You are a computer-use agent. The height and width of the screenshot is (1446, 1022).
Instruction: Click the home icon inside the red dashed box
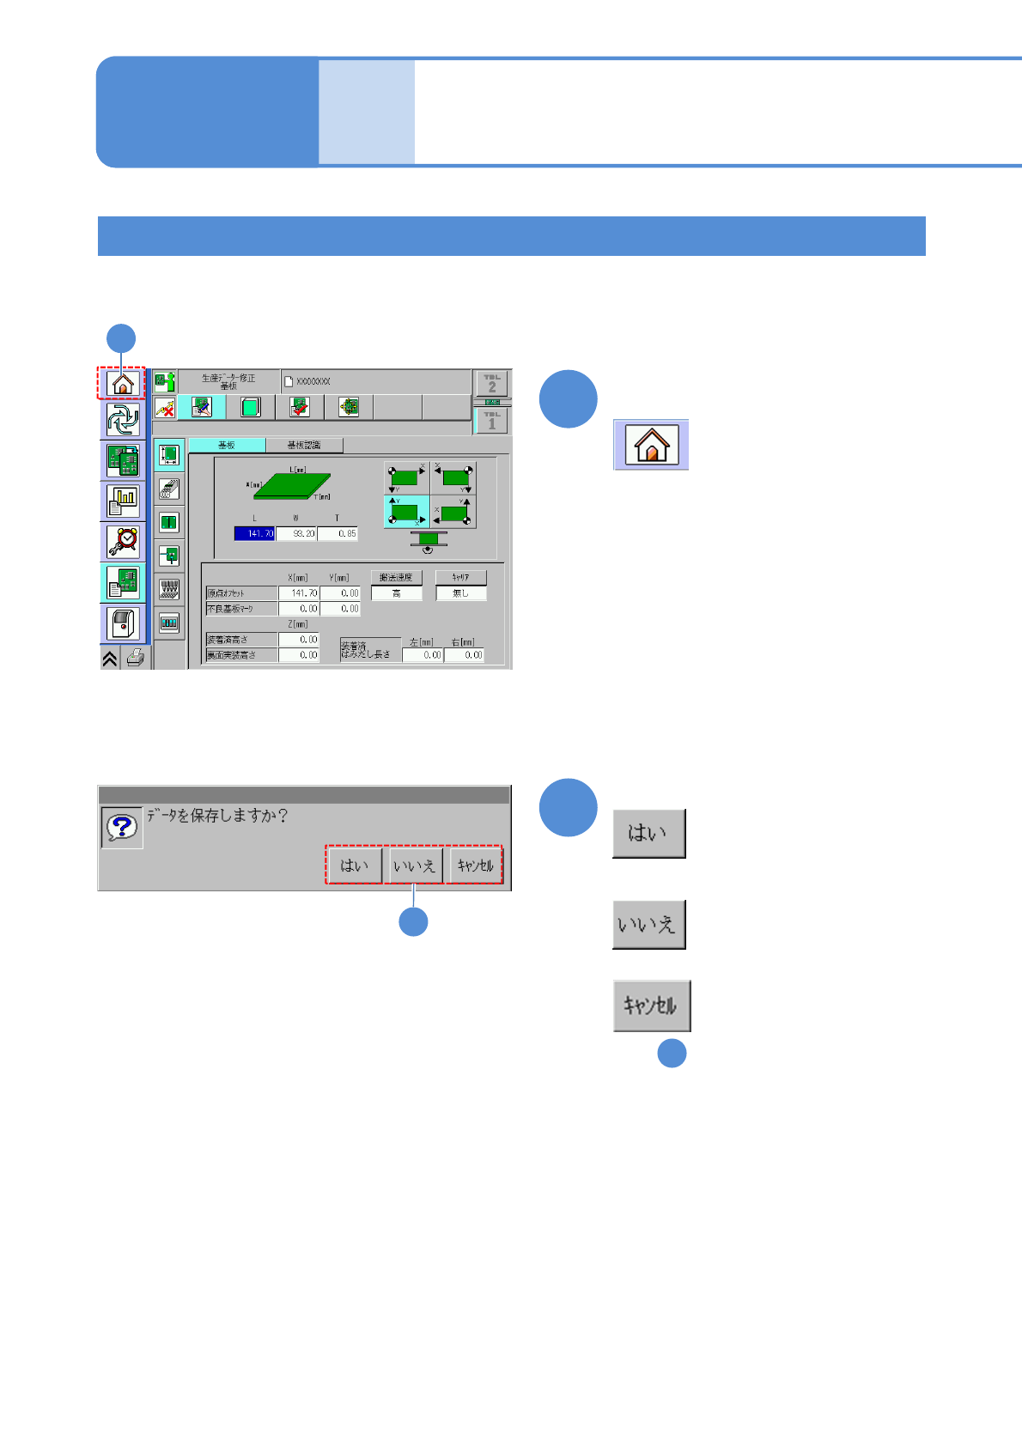122,382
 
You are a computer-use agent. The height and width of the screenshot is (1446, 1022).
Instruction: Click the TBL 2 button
491,383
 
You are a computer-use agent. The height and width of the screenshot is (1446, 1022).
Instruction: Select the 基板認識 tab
304,445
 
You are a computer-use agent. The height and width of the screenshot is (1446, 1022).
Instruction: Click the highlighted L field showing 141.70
255,533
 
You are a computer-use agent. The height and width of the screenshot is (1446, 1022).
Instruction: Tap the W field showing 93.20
297,533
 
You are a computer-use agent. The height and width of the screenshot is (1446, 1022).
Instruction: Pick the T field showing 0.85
338,533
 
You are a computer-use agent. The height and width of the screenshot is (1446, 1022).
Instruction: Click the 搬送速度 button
396,577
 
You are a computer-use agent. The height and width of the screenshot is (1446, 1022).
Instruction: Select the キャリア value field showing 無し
461,593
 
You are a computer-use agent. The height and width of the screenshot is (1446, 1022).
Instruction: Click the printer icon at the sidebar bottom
136,659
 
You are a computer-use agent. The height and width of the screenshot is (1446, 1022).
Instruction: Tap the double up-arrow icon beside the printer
110,659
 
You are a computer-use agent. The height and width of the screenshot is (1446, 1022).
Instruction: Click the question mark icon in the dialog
122,828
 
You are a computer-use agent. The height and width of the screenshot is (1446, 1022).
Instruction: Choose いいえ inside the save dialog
415,866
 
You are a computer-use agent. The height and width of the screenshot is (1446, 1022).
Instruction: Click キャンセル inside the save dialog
475,866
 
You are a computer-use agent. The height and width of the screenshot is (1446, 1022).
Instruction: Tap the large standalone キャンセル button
651,1006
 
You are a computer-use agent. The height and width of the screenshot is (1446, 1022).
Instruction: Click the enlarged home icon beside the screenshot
651,445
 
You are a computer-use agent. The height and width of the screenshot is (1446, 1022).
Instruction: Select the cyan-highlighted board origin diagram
406,512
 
